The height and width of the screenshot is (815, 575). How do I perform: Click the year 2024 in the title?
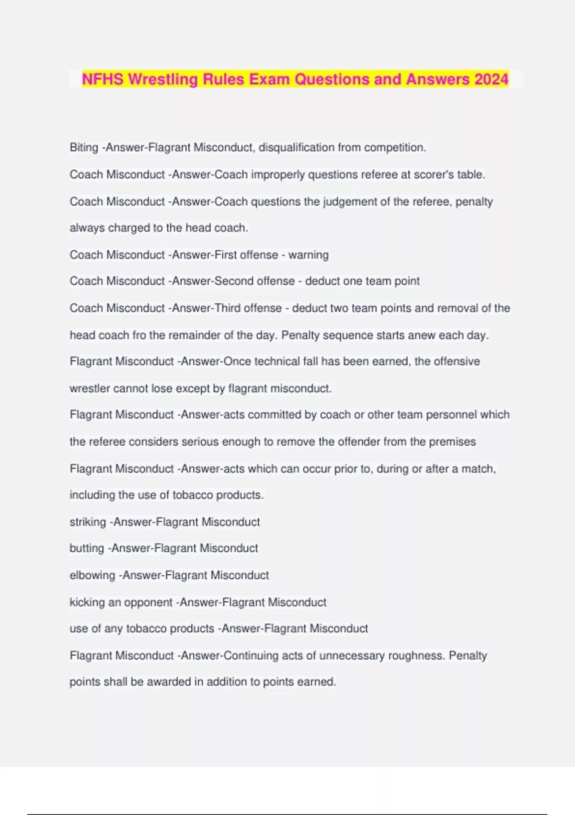(491, 79)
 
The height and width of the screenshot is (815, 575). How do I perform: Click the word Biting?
(84, 147)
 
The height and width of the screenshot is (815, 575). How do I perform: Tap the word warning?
(308, 255)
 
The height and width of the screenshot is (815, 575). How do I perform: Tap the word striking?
(88, 522)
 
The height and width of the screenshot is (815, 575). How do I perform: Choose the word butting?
(87, 548)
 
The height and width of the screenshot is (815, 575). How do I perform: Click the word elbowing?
(92, 575)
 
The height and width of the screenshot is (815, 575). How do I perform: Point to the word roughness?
(415, 655)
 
